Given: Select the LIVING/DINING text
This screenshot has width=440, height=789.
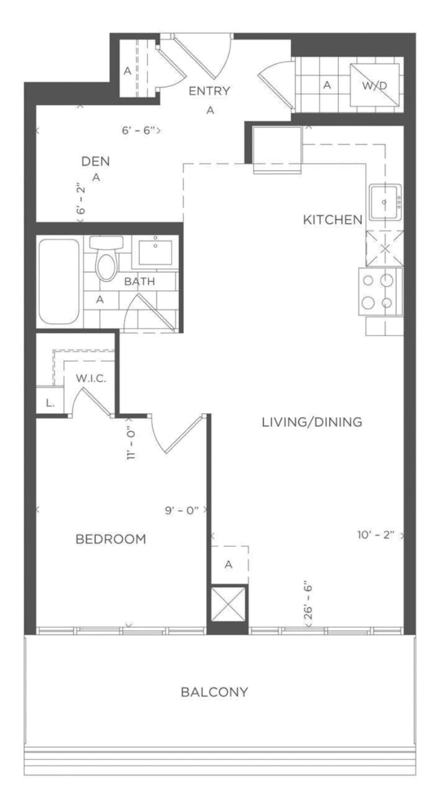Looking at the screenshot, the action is [x=312, y=422].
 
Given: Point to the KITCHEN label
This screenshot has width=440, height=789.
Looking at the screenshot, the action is [x=333, y=220].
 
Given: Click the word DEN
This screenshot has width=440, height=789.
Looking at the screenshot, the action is [x=95, y=161].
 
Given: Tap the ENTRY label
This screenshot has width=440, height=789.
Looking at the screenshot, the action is [x=209, y=91].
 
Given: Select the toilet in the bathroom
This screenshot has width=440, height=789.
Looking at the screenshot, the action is [x=106, y=258].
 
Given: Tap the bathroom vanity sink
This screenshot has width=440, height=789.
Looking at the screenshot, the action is [x=155, y=252].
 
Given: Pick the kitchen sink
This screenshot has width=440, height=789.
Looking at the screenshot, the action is [x=385, y=202].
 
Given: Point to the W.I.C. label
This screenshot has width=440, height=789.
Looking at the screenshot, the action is [x=91, y=378].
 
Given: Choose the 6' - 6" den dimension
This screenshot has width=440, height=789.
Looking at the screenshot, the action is [x=137, y=130].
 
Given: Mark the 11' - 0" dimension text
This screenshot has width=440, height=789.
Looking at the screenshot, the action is [x=131, y=443].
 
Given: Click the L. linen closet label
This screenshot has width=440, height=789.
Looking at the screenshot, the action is [x=50, y=403].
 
